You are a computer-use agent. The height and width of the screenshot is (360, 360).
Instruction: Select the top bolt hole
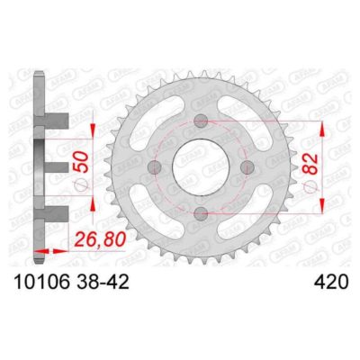pyautogui.click(x=199, y=120)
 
